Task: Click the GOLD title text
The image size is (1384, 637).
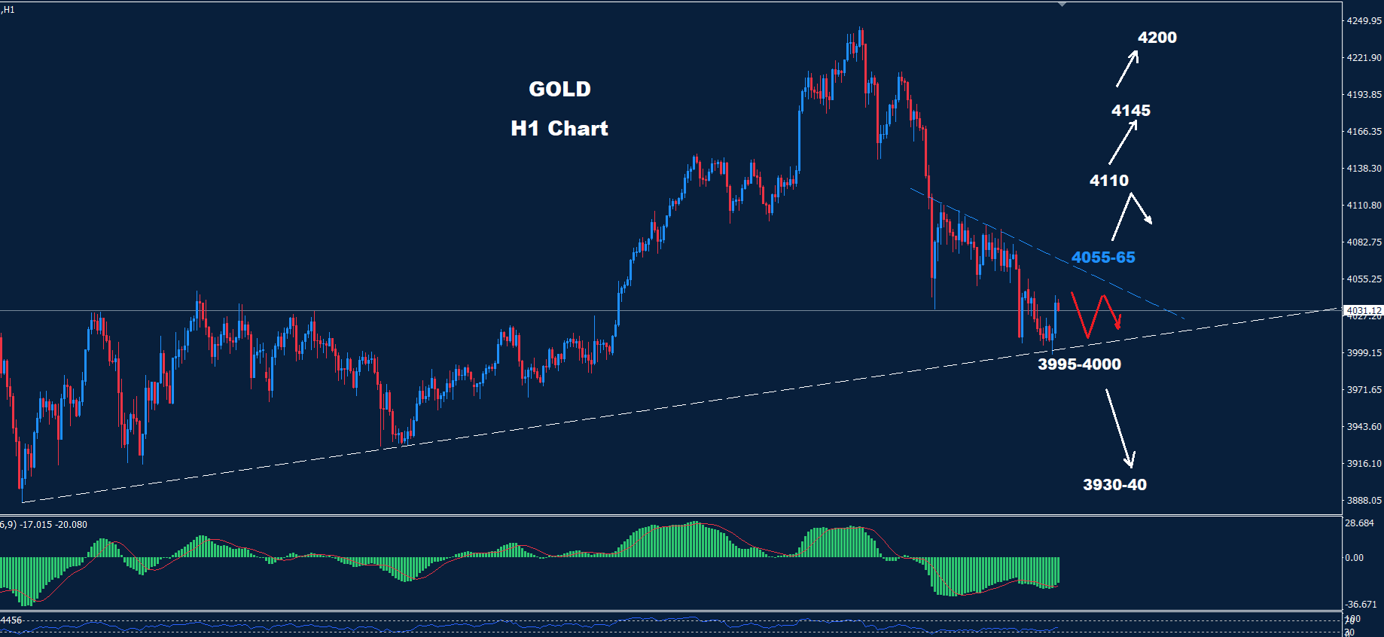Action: [559, 89]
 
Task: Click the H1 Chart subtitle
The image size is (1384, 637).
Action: [559, 128]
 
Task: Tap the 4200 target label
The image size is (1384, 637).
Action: [1157, 38]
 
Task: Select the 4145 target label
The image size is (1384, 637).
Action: [1130, 111]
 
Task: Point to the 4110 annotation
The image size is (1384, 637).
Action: [1108, 181]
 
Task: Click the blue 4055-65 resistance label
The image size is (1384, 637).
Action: [1102, 258]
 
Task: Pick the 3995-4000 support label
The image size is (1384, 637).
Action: [1078, 364]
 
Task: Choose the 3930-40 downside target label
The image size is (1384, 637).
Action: [1114, 485]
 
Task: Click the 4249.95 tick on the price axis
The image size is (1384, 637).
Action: [1364, 21]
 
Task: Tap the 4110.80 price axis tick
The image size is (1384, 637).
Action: [1364, 206]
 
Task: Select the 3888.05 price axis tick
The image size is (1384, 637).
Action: [1364, 501]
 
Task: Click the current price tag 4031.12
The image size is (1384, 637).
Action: [1363, 310]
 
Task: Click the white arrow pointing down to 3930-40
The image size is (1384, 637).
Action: [1119, 428]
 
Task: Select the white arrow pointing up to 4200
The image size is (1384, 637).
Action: [1126, 69]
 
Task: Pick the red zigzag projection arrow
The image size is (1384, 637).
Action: [1096, 315]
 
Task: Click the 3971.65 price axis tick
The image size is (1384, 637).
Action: [1364, 390]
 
